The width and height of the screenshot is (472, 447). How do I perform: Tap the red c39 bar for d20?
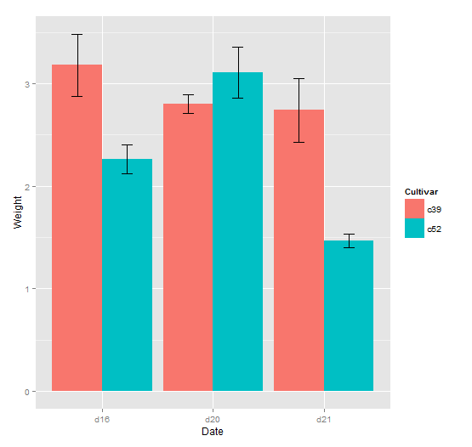[187, 247]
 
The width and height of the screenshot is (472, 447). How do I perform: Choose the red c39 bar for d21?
[299, 250]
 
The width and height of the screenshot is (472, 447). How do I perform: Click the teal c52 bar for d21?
[349, 315]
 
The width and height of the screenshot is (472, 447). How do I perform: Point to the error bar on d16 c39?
[77, 65]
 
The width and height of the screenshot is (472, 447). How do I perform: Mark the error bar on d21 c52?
[349, 240]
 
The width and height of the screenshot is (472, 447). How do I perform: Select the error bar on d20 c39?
[187, 104]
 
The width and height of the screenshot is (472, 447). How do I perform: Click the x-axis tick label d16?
[102, 419]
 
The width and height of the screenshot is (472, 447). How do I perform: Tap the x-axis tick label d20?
[213, 419]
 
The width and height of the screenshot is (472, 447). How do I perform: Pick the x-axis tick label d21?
[324, 419]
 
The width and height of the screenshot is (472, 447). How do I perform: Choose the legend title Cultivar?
[421, 191]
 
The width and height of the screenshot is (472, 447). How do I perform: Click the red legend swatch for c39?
[414, 208]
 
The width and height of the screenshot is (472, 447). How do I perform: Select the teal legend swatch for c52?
[414, 228]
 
